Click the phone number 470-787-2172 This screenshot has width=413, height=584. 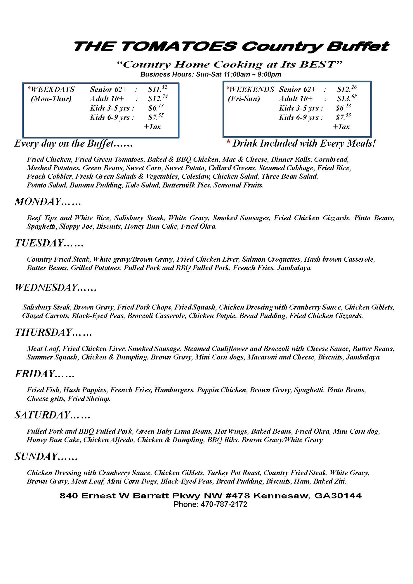click(x=224, y=504)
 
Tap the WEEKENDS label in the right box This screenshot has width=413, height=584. click(x=252, y=89)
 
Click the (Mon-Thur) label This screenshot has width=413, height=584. click(x=51, y=99)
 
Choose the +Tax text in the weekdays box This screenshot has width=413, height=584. click(x=152, y=126)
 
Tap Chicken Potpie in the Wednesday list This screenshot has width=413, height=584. click(x=212, y=316)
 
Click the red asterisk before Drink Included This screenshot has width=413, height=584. click(x=229, y=143)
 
